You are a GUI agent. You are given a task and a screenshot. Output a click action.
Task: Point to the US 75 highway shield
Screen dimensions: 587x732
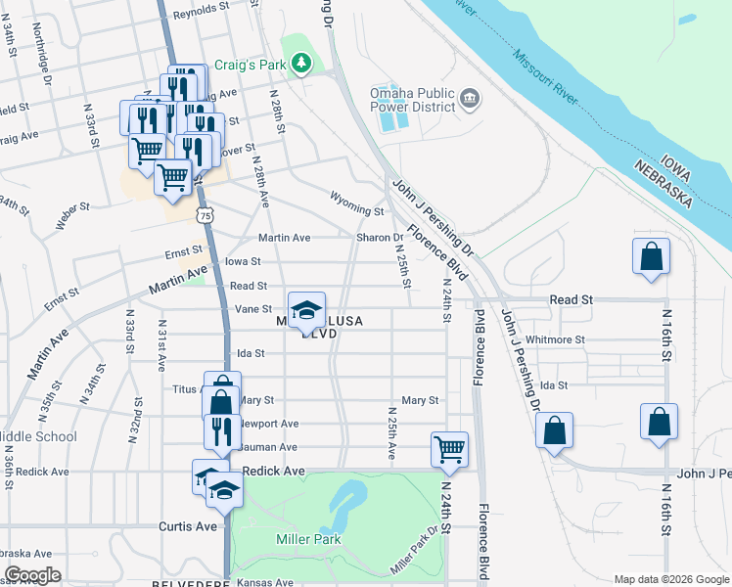point(204,214)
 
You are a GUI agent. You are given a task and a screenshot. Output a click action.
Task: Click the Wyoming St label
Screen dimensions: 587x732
point(357,210)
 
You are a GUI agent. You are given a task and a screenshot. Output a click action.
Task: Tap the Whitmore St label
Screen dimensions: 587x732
point(555,340)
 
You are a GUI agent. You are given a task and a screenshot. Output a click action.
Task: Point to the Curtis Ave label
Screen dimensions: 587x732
point(188,526)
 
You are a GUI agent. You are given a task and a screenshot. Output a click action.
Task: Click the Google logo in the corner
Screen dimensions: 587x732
point(32,575)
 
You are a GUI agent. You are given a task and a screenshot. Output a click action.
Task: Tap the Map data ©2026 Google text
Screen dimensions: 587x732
point(671,579)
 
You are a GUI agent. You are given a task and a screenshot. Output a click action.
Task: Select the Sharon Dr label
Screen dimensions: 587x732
point(385,238)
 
